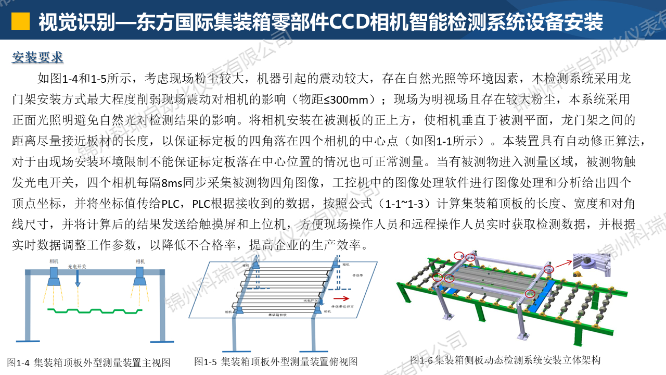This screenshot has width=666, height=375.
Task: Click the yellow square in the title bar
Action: click(x=20, y=21)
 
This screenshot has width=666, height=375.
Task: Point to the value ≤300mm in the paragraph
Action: click(x=352, y=99)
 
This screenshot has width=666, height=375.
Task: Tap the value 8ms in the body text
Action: click(x=171, y=183)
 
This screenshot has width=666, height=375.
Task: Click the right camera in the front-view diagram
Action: click(x=140, y=277)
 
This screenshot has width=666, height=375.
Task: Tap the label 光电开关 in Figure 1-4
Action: click(x=77, y=266)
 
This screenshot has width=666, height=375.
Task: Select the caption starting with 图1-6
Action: click(x=505, y=360)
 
